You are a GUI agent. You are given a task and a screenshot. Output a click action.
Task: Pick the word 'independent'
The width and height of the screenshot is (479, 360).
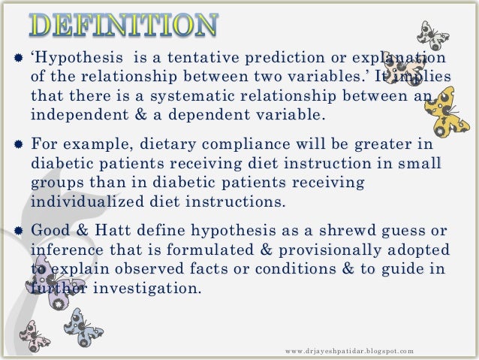(x=74, y=115)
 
